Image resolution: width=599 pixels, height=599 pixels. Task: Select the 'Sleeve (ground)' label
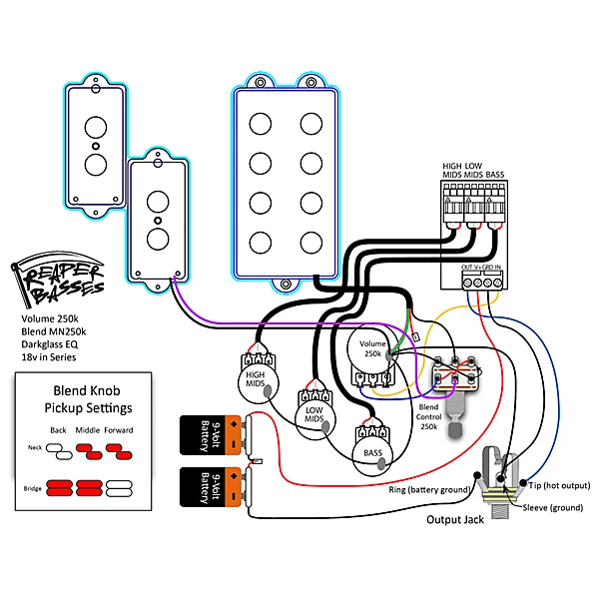[x=554, y=507]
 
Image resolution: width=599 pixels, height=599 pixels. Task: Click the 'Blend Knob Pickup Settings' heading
[x=88, y=400]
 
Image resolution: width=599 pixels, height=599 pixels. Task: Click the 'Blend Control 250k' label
[x=429, y=418]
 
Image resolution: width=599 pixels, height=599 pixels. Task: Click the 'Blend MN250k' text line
[x=56, y=329]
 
